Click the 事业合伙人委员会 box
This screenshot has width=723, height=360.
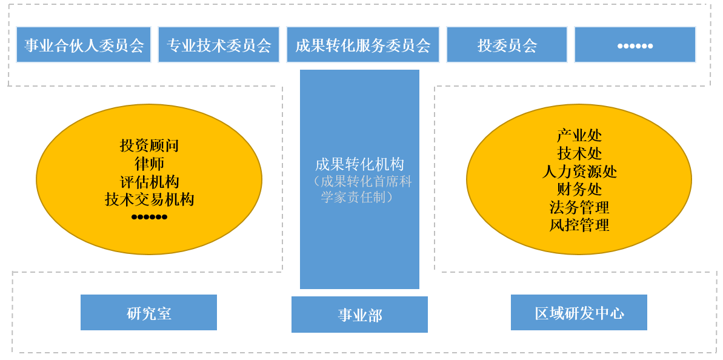tap(84, 45)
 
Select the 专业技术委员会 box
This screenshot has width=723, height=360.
tap(219, 45)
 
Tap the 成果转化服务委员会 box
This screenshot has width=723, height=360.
tap(362, 45)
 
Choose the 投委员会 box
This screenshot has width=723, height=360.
tap(507, 45)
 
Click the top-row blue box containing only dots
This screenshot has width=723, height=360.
tap(635, 45)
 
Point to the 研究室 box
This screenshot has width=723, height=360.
tap(148, 313)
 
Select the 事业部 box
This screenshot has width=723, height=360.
tap(359, 315)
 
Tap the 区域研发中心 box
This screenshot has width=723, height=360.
tap(579, 313)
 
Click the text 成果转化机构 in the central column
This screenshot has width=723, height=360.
tap(359, 164)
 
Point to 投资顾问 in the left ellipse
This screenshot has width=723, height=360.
tap(149, 145)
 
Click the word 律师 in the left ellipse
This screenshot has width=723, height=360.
tap(149, 164)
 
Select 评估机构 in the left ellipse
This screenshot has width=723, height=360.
tap(149, 182)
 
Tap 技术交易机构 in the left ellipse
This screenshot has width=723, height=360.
tap(149, 199)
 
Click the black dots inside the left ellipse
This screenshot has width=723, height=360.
tap(149, 216)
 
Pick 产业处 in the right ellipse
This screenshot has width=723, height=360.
tap(579, 136)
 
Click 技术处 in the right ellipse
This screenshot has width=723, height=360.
tap(579, 153)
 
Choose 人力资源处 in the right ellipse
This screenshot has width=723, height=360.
tap(579, 172)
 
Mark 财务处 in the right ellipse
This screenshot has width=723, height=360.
tap(579, 190)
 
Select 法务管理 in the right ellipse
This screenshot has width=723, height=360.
tap(579, 207)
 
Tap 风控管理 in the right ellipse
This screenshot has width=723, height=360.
tap(579, 225)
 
